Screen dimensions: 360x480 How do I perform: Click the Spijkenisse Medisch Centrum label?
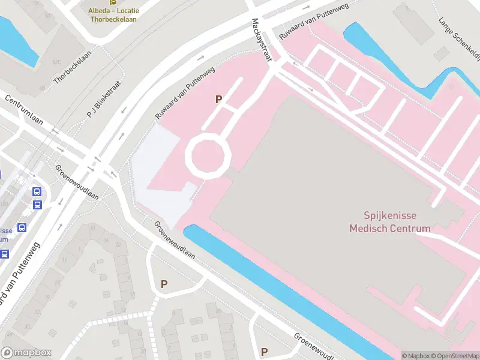390,222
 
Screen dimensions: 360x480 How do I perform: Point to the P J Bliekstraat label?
104,99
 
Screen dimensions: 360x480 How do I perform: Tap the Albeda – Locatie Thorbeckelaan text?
113,15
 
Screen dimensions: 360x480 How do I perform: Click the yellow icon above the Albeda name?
113,3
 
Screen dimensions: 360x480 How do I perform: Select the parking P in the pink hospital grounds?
219,100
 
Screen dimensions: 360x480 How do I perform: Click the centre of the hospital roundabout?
208,155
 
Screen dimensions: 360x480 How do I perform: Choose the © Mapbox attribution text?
416,356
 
